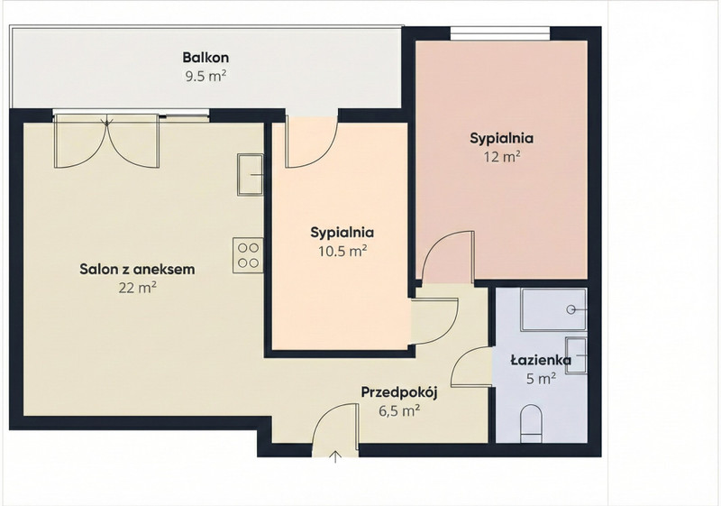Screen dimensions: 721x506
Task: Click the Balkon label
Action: coord(205,58)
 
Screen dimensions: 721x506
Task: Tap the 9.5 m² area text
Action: coord(205,76)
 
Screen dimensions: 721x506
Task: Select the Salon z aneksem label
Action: coord(137,269)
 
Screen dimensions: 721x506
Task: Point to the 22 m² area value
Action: coord(138,288)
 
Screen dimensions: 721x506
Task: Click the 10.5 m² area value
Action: coord(342,251)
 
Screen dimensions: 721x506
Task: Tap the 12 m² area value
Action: coord(502,157)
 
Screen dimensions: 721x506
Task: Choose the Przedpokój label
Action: coord(398,392)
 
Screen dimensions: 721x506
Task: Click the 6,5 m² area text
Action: coord(399,410)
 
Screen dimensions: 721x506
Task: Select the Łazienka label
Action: coord(541,360)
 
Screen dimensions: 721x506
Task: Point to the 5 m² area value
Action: coord(542,379)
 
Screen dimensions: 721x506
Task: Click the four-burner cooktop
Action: coord(248,255)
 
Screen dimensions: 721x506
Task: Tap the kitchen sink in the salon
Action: coord(251,175)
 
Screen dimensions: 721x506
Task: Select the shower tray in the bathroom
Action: coord(553,309)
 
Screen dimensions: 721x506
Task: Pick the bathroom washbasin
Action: coord(576,355)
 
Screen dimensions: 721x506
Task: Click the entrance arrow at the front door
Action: coord(335,456)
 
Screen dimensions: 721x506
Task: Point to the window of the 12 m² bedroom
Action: coord(500,33)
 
